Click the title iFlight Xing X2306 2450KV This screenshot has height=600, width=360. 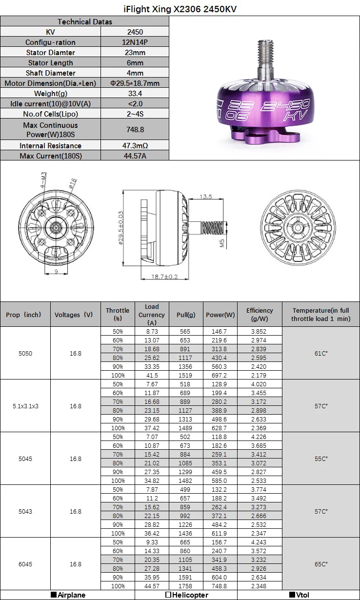[x=180, y=9]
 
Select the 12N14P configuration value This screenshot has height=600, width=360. [x=134, y=42]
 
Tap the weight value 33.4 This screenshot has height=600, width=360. [x=134, y=94]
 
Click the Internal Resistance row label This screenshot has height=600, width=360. [x=50, y=145]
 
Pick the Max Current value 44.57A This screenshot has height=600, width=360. [x=134, y=156]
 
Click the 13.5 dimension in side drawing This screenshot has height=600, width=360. [x=206, y=197]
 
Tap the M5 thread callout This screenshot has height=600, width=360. [x=222, y=242]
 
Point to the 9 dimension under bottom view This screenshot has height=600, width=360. [x=57, y=272]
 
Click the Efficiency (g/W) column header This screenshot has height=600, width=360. [x=259, y=314]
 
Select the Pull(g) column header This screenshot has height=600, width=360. [x=186, y=315]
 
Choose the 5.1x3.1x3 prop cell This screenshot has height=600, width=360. [x=25, y=406]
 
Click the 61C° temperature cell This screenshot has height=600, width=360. [x=321, y=353]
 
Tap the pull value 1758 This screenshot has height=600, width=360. [x=186, y=586]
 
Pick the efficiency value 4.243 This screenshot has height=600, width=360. [x=259, y=542]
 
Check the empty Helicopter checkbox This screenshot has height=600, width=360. [x=168, y=595]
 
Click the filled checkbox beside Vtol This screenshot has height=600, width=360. [x=292, y=595]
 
